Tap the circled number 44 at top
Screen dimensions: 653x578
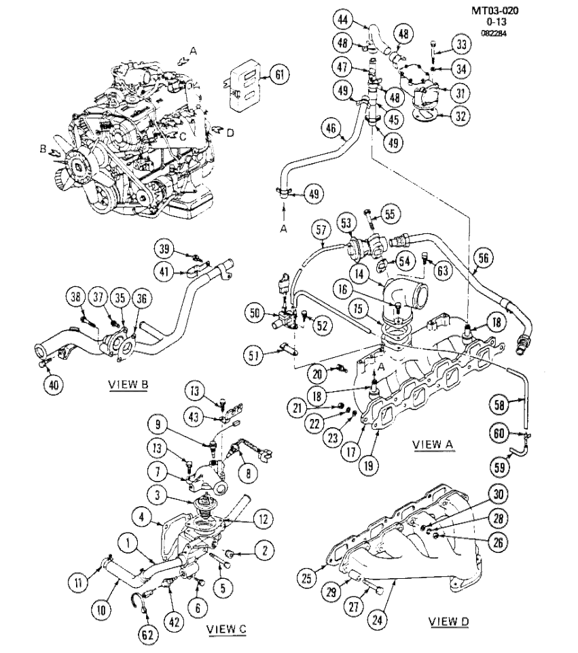pos(342,20)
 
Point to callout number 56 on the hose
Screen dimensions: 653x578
pos(484,258)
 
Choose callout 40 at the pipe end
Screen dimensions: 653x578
pos(53,384)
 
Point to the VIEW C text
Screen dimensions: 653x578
pos(225,629)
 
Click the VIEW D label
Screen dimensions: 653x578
pos(451,621)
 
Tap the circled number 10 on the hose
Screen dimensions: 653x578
pos(102,610)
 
